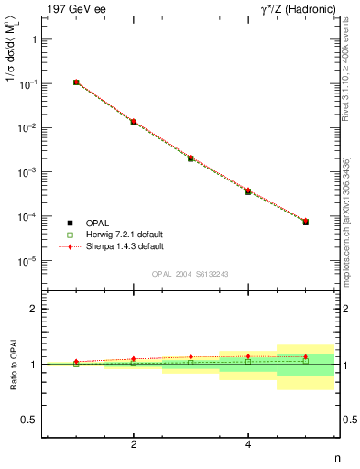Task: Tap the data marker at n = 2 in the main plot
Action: (x=134, y=122)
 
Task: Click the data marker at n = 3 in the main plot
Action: (x=191, y=158)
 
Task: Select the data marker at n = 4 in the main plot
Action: (x=248, y=191)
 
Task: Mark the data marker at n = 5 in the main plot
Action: (x=306, y=222)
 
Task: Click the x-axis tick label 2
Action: (x=134, y=444)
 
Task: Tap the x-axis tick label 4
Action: (x=248, y=444)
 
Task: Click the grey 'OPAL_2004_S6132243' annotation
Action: (x=191, y=274)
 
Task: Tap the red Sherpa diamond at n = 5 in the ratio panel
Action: (x=306, y=356)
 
